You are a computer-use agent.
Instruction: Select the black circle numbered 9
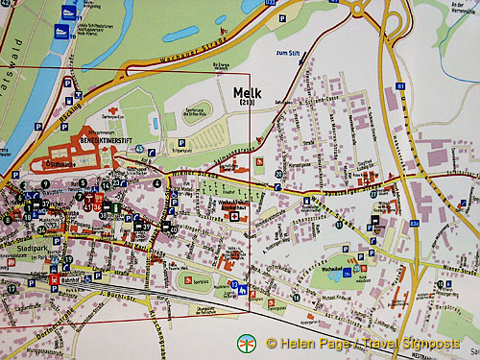pyautogui.click(x=44, y=182)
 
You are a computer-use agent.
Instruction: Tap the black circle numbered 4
pyautogui.click(x=157, y=182)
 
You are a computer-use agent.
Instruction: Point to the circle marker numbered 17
pyautogui.click(x=12, y=287)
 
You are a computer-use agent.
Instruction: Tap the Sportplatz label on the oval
pyautogui.click(x=190, y=280)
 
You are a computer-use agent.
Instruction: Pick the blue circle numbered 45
pyautogui.click(x=140, y=149)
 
